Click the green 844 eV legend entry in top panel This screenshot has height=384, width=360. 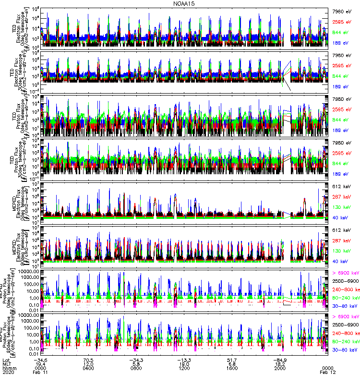[342, 32]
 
